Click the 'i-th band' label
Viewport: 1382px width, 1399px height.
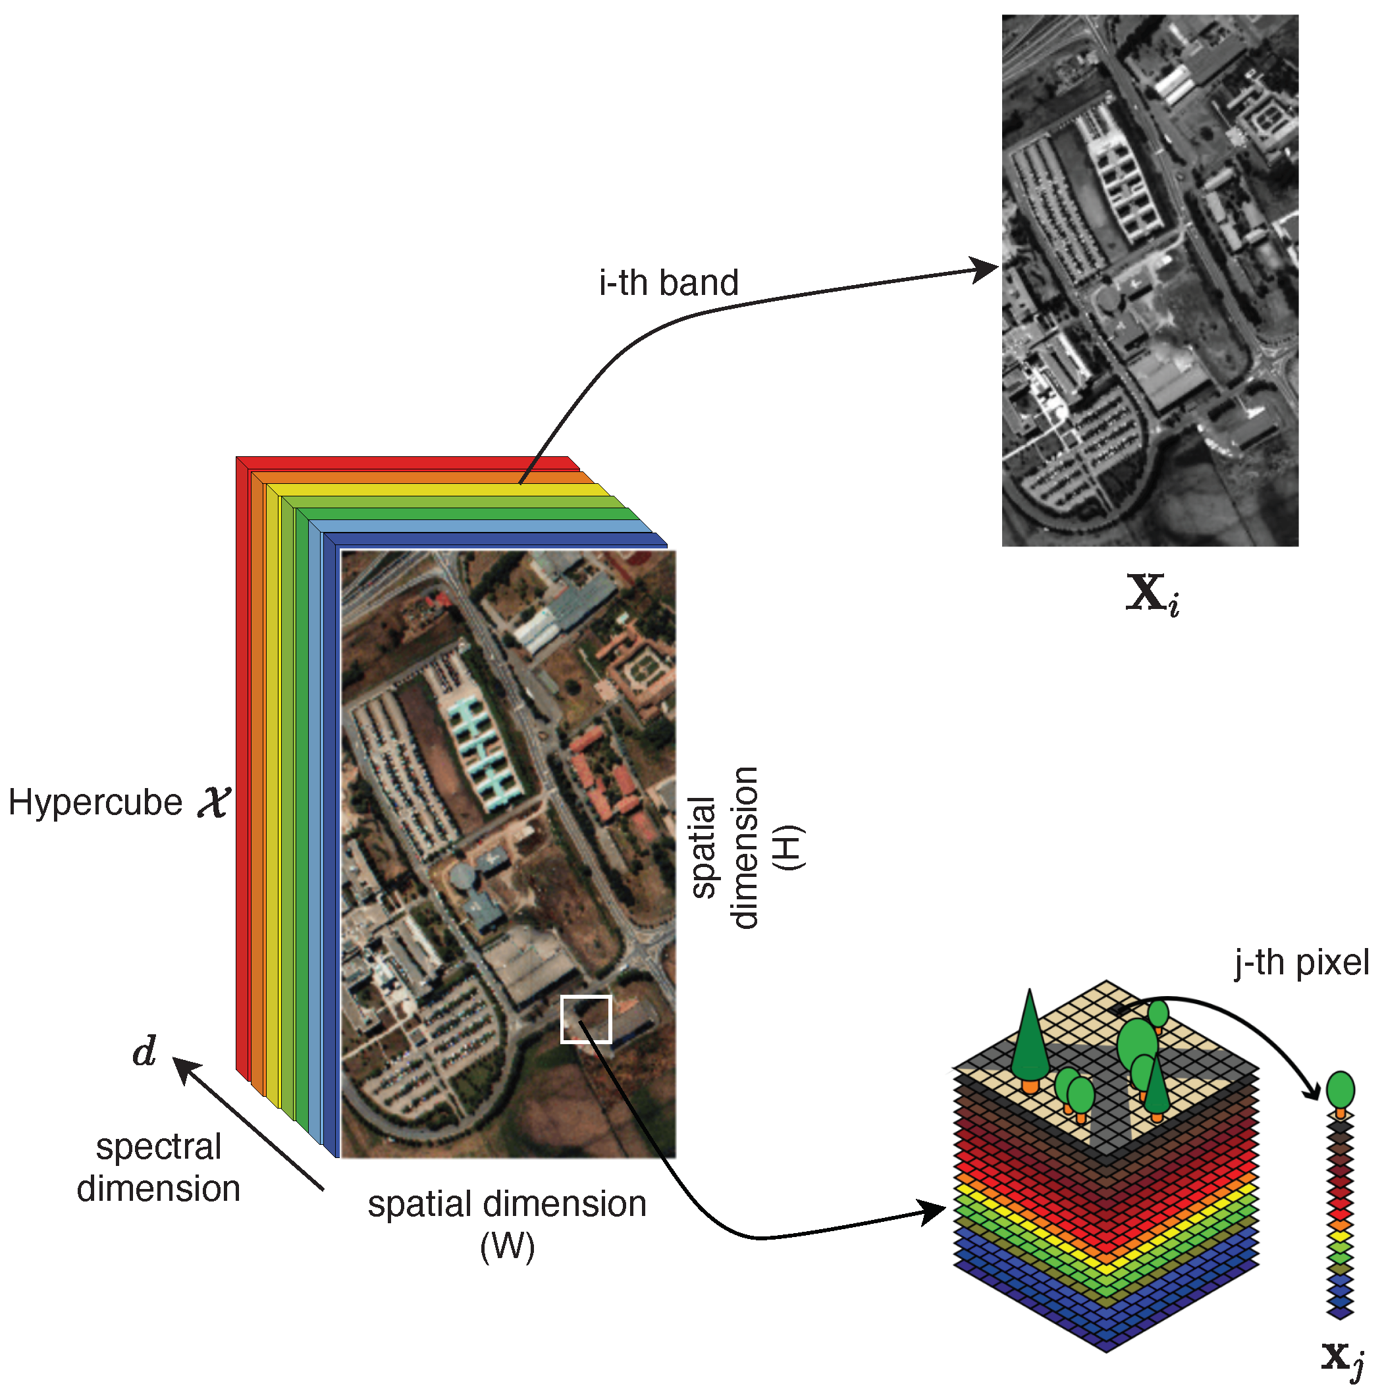coord(668,282)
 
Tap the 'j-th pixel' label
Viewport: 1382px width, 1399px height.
coord(1301,963)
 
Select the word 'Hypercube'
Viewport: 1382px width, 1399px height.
coord(95,803)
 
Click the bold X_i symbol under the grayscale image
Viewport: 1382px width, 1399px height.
coord(1152,594)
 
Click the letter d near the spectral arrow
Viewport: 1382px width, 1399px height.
coord(144,1051)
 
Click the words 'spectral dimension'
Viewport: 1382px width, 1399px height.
coord(158,1168)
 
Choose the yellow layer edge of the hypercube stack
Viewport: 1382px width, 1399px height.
coord(273,797)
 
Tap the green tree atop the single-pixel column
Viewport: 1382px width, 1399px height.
coord(1340,1089)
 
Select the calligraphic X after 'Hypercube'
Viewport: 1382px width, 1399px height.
coord(214,803)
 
